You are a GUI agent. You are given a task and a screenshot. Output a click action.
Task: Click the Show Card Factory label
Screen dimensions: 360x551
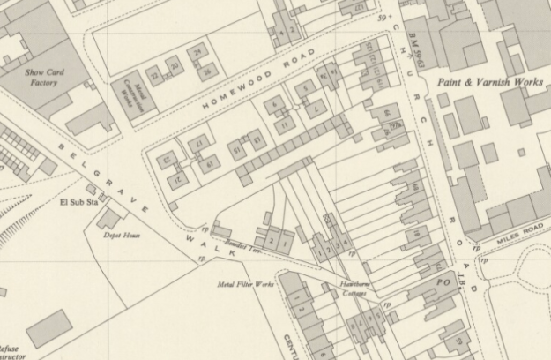(41, 78)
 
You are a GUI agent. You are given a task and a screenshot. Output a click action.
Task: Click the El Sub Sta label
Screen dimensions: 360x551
(76, 202)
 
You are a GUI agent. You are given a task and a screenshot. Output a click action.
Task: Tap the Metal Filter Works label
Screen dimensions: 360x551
(246, 285)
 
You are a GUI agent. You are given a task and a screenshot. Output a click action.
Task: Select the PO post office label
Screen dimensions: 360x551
(443, 280)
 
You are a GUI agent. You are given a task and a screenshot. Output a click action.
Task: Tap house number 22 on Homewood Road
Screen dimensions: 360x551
(154, 75)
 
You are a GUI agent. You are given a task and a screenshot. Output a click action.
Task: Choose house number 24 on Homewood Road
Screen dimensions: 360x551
(197, 53)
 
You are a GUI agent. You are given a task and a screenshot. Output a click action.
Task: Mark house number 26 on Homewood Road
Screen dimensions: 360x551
(205, 71)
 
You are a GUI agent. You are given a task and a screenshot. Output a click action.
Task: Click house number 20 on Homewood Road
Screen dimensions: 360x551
(175, 65)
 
